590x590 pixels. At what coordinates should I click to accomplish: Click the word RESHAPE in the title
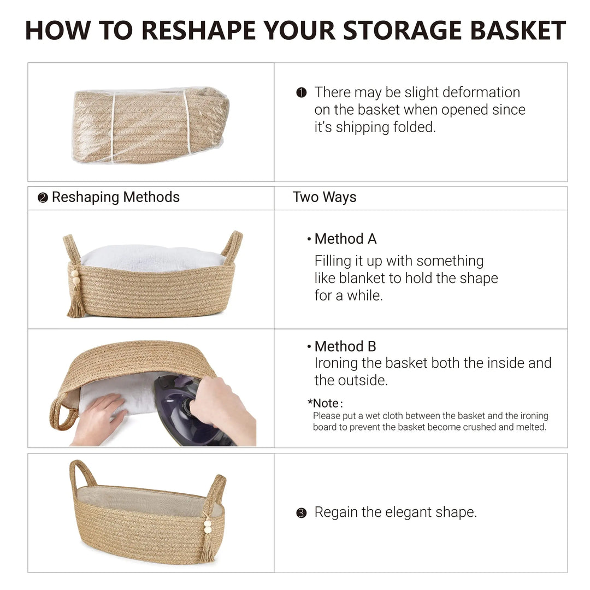click(199, 30)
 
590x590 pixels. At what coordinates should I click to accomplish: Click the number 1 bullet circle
click(302, 92)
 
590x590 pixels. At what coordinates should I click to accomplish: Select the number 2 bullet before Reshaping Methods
click(43, 198)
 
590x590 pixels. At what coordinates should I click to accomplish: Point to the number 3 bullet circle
click(302, 513)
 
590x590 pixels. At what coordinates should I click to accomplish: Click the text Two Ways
click(324, 197)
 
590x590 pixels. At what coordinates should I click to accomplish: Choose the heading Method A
click(345, 239)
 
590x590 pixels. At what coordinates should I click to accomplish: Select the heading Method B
click(345, 346)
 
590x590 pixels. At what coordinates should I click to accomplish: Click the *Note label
click(324, 403)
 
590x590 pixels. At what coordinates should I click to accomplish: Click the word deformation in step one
click(462, 92)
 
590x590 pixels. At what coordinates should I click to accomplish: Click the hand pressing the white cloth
click(98, 418)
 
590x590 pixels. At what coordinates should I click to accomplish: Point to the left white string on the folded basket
click(113, 127)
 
